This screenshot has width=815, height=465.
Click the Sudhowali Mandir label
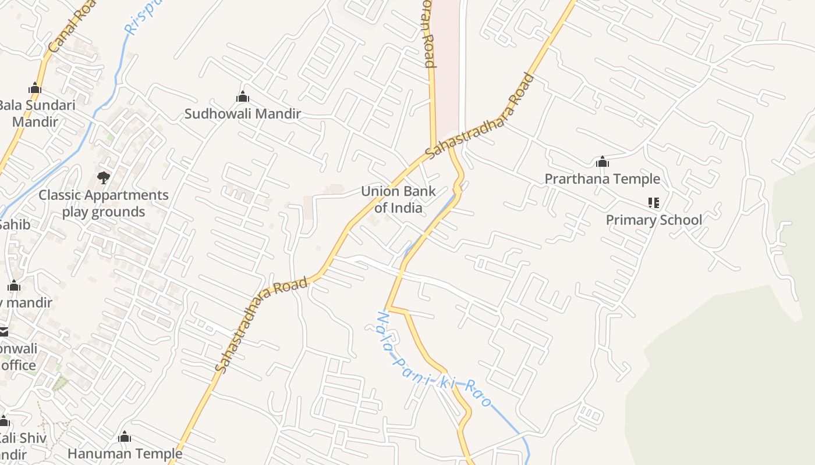[x=243, y=114]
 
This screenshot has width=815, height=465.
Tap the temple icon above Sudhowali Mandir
[x=243, y=96]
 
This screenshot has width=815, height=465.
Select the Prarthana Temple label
[x=602, y=179]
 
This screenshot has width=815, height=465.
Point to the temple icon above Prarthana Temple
[x=603, y=162]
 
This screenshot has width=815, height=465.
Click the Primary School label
[x=654, y=220]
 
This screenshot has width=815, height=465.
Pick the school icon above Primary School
[x=654, y=203]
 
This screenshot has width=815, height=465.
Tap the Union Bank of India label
[x=398, y=199]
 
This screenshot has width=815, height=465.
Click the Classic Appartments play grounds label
[x=104, y=203]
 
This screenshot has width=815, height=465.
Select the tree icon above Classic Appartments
[x=104, y=177]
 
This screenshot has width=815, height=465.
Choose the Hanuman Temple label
[x=125, y=453]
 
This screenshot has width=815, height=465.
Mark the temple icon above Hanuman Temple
[x=125, y=437]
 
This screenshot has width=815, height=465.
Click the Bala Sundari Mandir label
[x=36, y=114]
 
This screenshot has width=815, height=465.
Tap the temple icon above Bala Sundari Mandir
[x=35, y=88]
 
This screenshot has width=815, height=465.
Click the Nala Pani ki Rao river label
[x=434, y=360]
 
